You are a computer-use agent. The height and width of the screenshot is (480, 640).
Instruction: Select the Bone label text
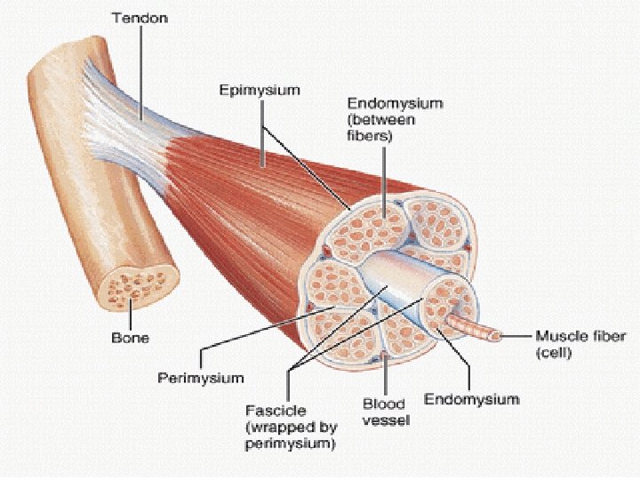(x=130, y=338)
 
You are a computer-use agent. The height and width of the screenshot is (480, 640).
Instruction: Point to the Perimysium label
(x=200, y=378)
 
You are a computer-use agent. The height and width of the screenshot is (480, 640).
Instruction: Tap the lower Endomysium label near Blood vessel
(x=471, y=399)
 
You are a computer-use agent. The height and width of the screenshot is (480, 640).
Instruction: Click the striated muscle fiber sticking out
(x=475, y=327)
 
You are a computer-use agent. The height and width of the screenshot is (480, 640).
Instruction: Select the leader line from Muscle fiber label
(x=516, y=337)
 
